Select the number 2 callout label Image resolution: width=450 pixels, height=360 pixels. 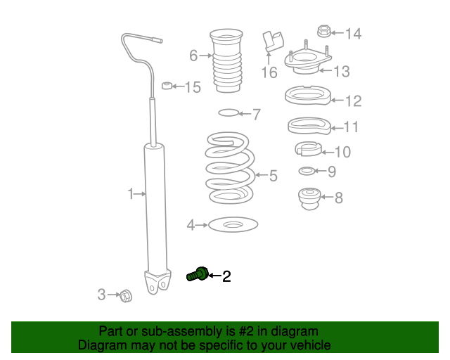[226, 277]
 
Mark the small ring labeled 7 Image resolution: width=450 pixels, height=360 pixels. [229, 112]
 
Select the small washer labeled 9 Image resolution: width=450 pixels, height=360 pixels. [307, 171]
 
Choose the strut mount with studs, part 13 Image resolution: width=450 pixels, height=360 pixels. [308, 65]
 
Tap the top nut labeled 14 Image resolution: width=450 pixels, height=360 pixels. [324, 32]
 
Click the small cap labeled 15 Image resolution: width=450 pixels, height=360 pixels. [167, 86]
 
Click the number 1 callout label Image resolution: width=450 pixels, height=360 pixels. [130, 193]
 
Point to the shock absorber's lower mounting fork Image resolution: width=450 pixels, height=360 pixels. [159, 282]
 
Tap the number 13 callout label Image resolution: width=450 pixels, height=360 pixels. [341, 71]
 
